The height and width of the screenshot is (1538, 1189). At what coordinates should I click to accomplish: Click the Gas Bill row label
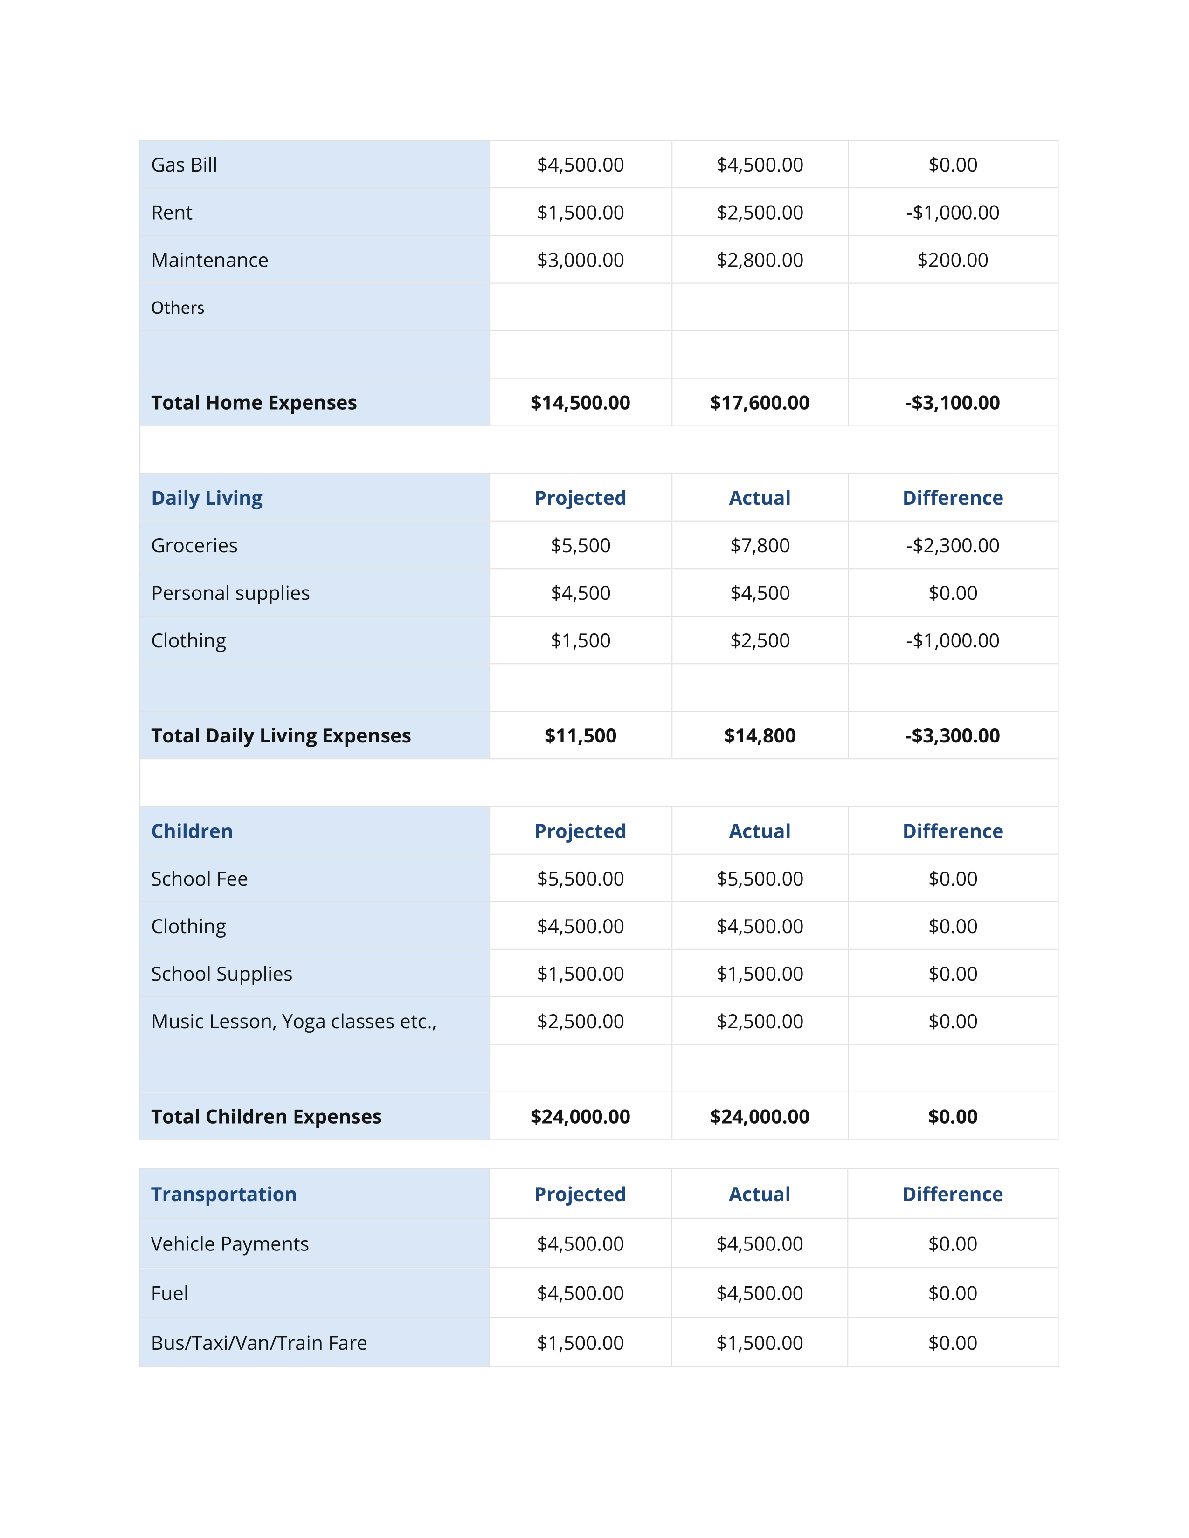click(x=184, y=165)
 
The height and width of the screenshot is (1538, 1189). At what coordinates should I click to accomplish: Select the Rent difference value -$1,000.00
click(x=952, y=213)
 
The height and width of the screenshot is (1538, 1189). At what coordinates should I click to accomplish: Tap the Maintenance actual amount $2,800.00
click(x=759, y=260)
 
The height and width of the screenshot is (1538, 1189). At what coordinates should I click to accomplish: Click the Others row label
click(x=178, y=308)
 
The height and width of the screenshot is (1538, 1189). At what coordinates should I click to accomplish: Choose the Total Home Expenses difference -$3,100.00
click(x=952, y=403)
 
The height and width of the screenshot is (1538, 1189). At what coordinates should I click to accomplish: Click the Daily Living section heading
click(x=207, y=498)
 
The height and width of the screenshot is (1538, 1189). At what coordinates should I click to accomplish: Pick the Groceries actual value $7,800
click(x=759, y=546)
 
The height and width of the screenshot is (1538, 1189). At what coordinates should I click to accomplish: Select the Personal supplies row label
click(x=230, y=593)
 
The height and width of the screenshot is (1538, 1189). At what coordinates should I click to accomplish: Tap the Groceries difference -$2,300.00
click(x=952, y=546)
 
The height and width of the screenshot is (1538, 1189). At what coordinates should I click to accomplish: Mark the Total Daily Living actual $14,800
click(x=759, y=736)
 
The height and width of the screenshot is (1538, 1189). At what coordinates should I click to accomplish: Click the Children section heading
click(x=192, y=831)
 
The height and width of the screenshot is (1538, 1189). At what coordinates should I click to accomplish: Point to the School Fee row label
click(x=200, y=879)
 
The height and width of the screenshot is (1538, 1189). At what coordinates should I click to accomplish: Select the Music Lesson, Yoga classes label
click(x=294, y=1021)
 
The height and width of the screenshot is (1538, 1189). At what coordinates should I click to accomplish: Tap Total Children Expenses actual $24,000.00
click(x=759, y=1117)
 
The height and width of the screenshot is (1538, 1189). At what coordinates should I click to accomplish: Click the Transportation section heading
click(x=223, y=1195)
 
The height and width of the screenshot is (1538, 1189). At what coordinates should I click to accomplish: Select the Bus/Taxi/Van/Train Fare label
click(x=258, y=1343)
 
